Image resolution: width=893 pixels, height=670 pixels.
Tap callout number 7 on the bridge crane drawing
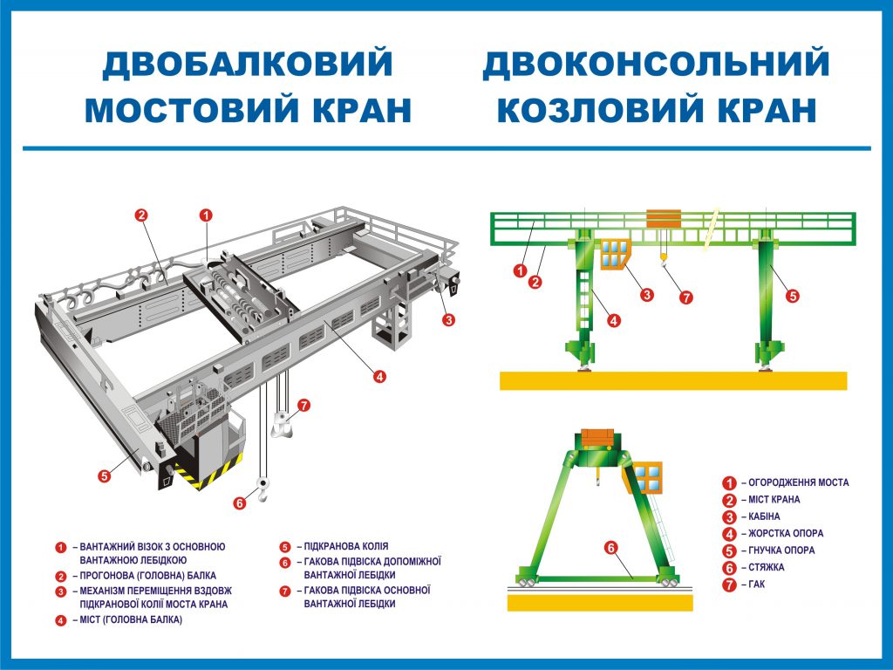303,405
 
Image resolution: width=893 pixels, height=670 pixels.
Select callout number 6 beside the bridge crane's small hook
240,502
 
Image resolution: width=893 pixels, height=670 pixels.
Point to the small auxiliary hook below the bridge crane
261,491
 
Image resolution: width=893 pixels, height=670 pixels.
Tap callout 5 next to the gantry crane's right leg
792,296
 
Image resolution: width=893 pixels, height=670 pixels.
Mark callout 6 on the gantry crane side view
611,548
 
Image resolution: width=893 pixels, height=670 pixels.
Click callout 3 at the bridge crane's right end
448,320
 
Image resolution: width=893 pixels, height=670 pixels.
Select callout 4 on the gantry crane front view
614,320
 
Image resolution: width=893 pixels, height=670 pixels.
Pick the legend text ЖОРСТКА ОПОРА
786,533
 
